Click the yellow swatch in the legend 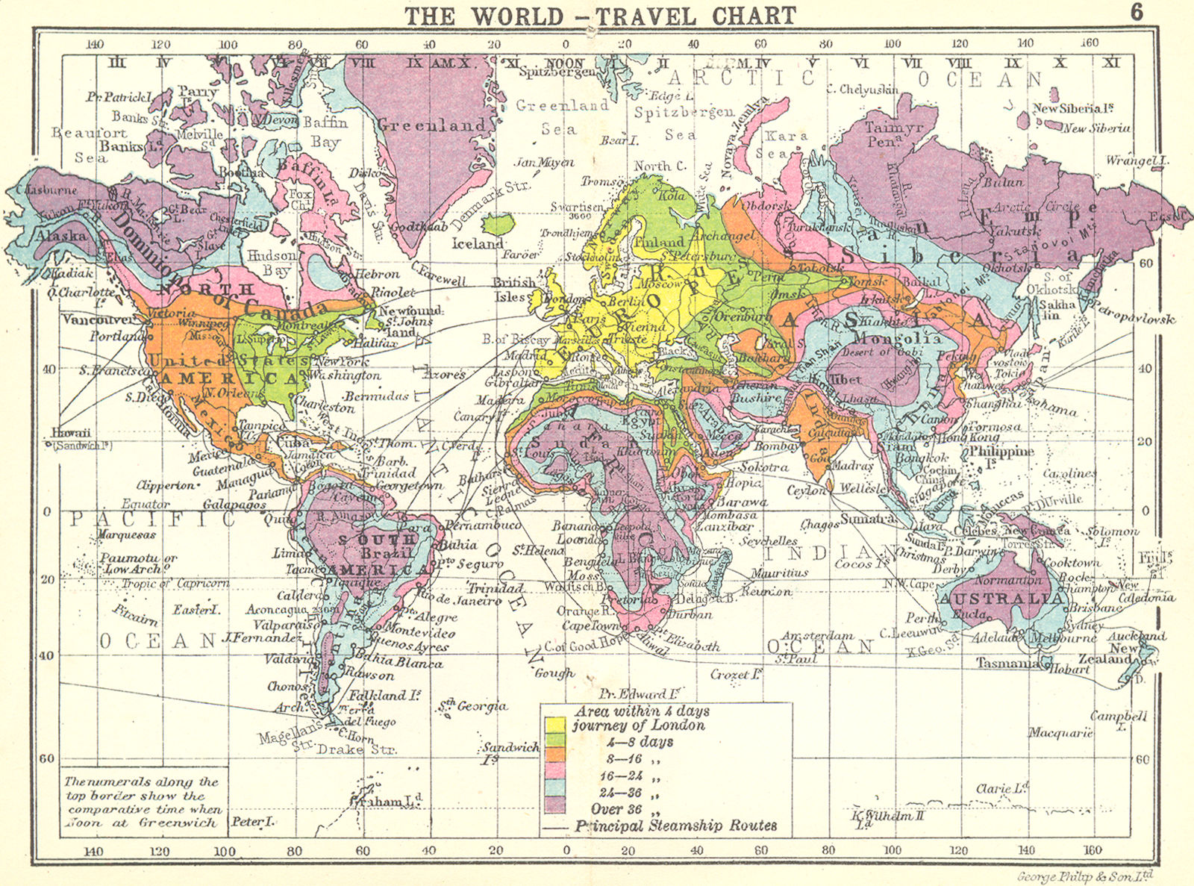coord(554,725)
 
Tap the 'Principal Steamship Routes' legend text coord(675,826)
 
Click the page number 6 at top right coord(1137,12)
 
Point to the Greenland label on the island coord(431,125)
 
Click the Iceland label coord(478,243)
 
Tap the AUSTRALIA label coord(1001,599)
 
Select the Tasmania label coord(1009,663)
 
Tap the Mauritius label coord(779,573)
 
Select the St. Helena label coord(537,550)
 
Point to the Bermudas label coord(377,396)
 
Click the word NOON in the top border coord(565,63)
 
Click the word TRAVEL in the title coord(640,16)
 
